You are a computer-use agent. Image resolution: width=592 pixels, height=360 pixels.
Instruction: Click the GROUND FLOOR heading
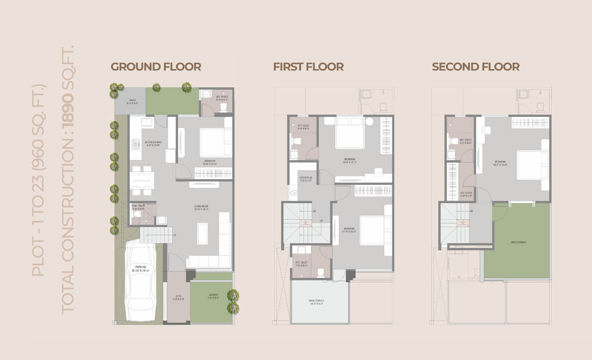pos(156,67)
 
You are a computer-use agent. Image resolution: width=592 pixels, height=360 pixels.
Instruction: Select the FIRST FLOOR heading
pos(308,67)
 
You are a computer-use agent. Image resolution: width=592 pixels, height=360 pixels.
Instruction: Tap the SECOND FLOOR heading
pos(476,67)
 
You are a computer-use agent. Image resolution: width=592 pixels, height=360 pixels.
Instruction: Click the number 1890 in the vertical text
pos(68,109)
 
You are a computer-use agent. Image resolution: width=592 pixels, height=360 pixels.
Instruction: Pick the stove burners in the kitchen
pos(136,145)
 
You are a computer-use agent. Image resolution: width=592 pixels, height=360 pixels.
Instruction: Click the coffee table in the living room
pos(203,233)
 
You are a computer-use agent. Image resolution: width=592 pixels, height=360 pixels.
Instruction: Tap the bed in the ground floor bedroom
pos(215,142)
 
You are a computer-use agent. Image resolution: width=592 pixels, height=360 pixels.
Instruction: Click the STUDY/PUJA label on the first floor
pos(306,179)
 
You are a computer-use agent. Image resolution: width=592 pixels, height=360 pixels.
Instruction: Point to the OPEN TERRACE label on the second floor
pos(518,243)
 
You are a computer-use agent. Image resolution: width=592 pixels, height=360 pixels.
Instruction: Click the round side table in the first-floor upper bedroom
pos(369,122)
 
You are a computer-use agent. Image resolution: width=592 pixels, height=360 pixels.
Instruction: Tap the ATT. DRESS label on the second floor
pos(466,194)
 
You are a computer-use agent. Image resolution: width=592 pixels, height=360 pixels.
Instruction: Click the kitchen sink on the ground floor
pos(147,123)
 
